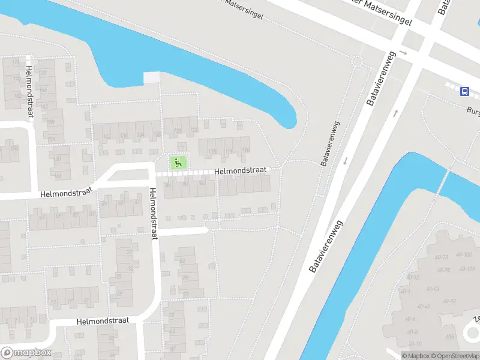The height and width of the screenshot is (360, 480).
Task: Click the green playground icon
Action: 177,162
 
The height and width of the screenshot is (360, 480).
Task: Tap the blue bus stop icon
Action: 464,91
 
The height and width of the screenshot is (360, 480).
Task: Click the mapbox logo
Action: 26,353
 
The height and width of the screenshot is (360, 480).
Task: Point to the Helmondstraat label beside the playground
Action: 240,171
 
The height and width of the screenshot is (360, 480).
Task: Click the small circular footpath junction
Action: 358,61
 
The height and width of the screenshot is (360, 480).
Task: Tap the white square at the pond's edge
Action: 152,78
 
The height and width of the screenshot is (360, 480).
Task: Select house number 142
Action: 107,137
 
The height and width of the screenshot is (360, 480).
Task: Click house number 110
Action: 245,150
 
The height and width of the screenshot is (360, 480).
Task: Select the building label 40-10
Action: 415,343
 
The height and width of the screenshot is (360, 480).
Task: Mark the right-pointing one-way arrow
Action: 404,53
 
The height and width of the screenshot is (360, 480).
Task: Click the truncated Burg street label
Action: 473,110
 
